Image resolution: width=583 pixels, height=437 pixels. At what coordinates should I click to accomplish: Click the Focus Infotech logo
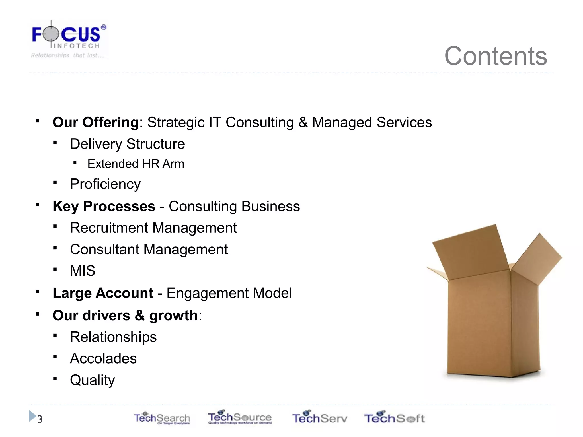68,39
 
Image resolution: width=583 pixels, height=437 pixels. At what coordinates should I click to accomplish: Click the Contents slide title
495,56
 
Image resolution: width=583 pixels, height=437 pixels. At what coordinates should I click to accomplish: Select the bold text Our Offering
96,122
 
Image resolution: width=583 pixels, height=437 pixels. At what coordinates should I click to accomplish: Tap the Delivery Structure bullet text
127,144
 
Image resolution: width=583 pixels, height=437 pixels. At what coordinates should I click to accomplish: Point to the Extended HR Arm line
136,164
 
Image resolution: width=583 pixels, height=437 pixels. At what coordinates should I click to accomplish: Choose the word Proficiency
105,184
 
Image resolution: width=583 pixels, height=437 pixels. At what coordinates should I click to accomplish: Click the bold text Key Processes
104,206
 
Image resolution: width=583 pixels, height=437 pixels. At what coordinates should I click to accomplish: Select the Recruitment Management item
153,228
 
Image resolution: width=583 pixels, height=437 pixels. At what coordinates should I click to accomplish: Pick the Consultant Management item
149,250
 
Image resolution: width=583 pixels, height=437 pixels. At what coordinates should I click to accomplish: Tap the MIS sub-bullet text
83,271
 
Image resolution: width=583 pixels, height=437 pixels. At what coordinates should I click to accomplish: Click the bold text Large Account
103,293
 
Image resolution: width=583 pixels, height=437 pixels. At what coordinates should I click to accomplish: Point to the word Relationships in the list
113,337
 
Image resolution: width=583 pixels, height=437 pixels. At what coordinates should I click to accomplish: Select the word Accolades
103,358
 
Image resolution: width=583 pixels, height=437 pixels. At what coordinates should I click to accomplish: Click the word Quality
92,380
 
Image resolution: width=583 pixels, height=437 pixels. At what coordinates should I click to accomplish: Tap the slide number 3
40,419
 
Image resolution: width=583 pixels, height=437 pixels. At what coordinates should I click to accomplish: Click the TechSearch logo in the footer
162,418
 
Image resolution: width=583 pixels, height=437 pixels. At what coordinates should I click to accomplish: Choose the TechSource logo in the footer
240,417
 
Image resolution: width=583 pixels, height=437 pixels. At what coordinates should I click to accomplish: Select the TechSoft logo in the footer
394,418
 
